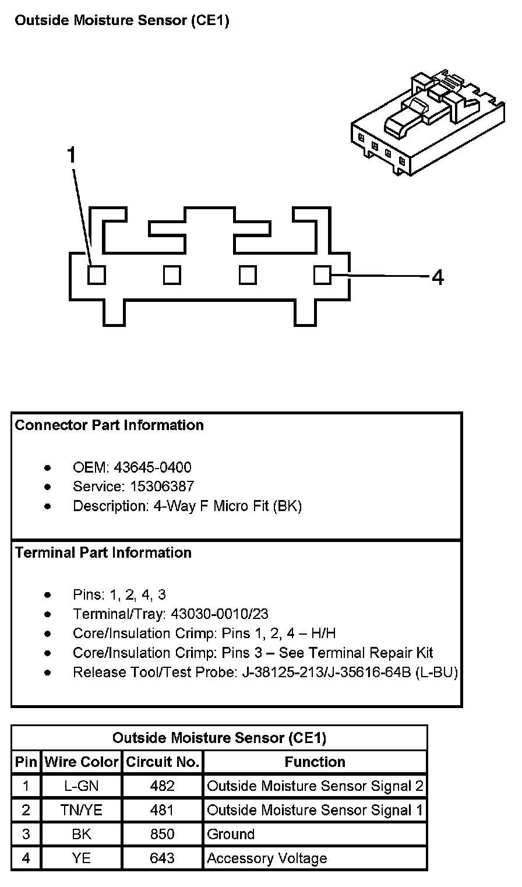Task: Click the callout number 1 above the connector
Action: pyautogui.click(x=72, y=156)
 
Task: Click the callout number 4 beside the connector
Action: pyautogui.click(x=438, y=277)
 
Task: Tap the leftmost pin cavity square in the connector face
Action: pyautogui.click(x=97, y=274)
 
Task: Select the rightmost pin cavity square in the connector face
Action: pyautogui.click(x=322, y=274)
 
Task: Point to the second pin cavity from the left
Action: pyautogui.click(x=172, y=274)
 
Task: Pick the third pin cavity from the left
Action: pyautogui.click(x=248, y=274)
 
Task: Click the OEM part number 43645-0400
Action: pyautogui.click(x=153, y=467)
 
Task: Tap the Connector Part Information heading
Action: pyautogui.click(x=109, y=425)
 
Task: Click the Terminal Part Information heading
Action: pyautogui.click(x=103, y=552)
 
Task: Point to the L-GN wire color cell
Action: pyautogui.click(x=82, y=786)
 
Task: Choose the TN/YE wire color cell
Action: pyautogui.click(x=82, y=810)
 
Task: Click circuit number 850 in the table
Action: pyautogui.click(x=162, y=834)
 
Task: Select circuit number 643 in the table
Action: pyautogui.click(x=162, y=858)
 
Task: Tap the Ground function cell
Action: pyautogui.click(x=231, y=834)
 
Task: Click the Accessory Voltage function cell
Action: pyautogui.click(x=267, y=858)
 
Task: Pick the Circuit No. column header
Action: pyautogui.click(x=163, y=762)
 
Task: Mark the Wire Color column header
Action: pyautogui.click(x=82, y=762)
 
